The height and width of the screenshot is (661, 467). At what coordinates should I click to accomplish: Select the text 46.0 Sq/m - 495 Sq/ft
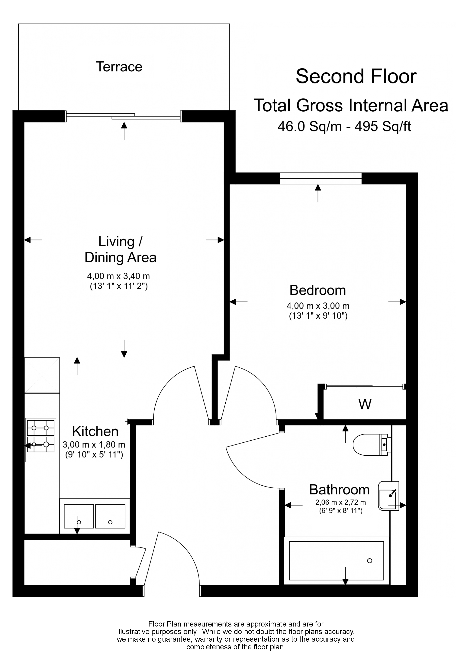tap(344, 126)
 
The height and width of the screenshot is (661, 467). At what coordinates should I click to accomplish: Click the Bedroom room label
tap(318, 290)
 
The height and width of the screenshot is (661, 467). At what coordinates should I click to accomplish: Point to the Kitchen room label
tap(95, 431)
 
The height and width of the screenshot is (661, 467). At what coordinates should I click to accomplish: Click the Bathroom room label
tap(339, 490)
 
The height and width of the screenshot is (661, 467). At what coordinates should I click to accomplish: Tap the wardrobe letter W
tap(365, 405)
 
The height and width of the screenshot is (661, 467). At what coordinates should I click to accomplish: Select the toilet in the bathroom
tap(371, 445)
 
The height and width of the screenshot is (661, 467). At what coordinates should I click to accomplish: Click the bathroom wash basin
tap(388, 496)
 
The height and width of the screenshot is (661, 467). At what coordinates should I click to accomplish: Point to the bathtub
tap(336, 561)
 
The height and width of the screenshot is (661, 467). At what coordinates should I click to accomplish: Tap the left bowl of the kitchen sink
tap(79, 516)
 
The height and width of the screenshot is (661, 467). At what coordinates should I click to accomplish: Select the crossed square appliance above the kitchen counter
tap(42, 375)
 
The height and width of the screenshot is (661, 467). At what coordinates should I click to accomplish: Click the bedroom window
tap(320, 178)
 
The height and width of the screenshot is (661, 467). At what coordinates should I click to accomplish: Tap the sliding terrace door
tap(124, 116)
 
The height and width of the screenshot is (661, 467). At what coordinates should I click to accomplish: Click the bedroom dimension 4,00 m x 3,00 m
tap(318, 306)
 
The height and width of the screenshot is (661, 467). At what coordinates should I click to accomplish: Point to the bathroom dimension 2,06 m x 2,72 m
tap(340, 502)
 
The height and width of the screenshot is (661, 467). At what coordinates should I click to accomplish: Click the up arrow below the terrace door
tap(124, 131)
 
